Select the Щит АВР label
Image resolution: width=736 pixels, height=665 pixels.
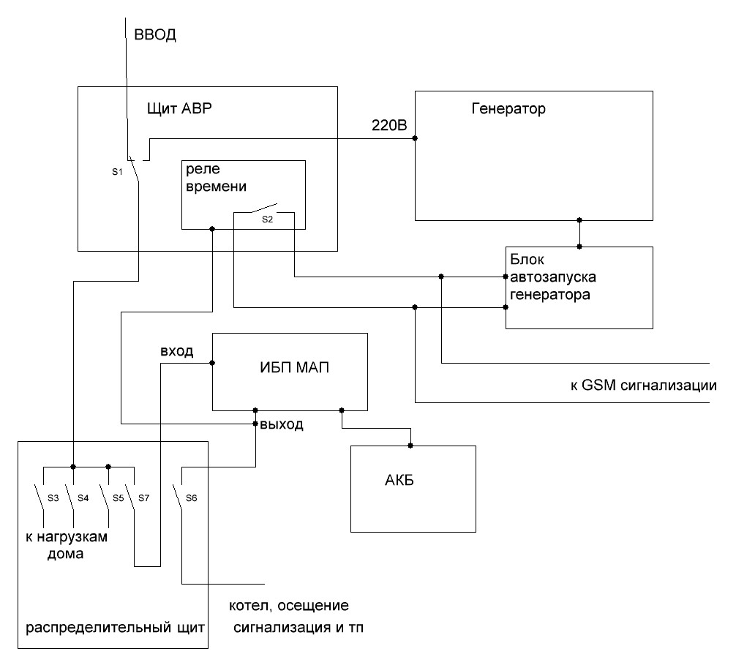click(179, 110)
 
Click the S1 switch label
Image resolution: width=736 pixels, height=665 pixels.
click(118, 173)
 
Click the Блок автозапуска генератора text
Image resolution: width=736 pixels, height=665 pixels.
click(550, 278)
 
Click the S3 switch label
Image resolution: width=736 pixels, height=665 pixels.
click(53, 497)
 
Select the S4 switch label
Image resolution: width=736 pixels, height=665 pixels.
click(83, 497)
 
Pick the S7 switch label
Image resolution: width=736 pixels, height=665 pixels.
click(143, 497)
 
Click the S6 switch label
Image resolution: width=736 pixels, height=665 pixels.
click(192, 497)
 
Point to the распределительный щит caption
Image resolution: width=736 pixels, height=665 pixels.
click(113, 628)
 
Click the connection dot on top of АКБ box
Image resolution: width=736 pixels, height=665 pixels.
click(411, 444)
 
